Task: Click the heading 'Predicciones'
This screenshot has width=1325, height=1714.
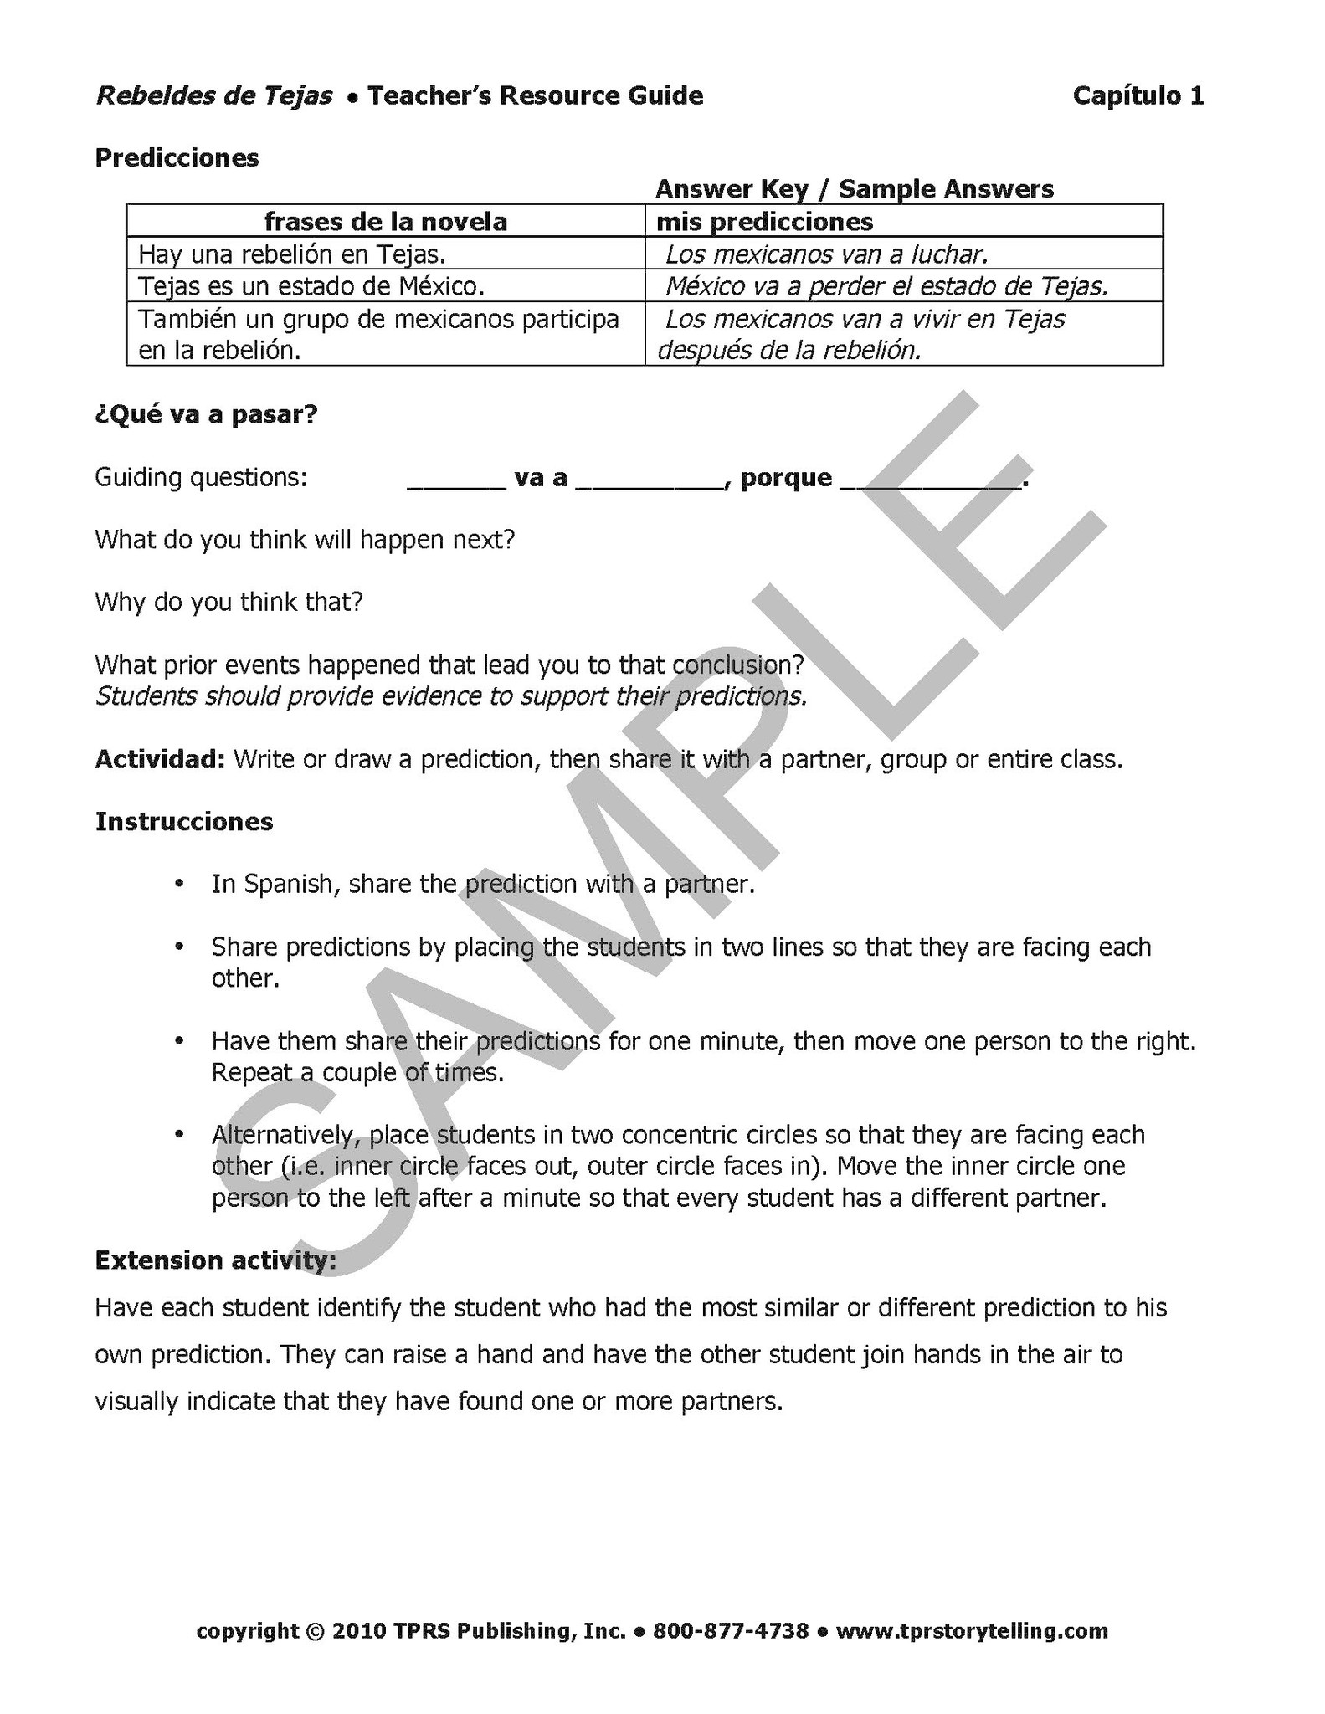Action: click(177, 157)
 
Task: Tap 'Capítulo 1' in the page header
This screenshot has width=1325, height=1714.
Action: click(1138, 95)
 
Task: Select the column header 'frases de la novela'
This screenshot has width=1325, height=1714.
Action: click(385, 221)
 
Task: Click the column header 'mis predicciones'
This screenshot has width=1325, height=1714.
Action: click(764, 221)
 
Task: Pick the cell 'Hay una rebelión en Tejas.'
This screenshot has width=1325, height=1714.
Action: click(291, 254)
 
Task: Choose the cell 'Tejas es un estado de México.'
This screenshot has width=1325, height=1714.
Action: click(311, 286)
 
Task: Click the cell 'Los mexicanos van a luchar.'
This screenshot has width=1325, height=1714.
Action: click(827, 254)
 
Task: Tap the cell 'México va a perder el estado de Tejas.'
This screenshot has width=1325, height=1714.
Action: click(886, 286)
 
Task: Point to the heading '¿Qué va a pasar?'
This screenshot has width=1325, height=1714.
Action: click(206, 414)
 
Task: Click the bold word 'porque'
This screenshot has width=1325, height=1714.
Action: click(786, 477)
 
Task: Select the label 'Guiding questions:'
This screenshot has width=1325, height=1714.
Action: click(201, 477)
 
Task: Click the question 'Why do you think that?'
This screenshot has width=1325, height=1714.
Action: click(229, 602)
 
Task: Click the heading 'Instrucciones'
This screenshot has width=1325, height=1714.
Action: click(184, 821)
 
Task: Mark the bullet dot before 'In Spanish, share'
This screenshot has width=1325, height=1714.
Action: click(178, 884)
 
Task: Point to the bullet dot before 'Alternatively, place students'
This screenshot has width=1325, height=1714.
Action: click(178, 1134)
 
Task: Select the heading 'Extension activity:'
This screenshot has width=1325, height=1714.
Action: click(215, 1260)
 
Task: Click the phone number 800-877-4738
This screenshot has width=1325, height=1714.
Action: click(731, 1630)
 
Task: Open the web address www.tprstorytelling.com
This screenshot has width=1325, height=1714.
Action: click(972, 1630)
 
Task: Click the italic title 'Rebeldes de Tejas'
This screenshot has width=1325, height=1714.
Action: click(214, 95)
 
